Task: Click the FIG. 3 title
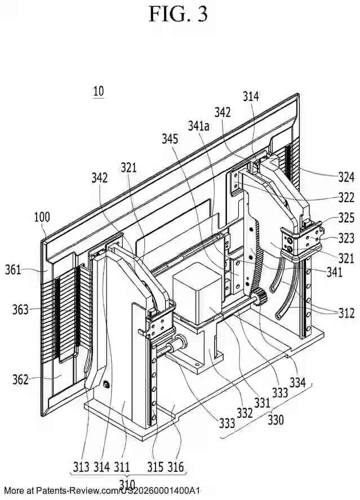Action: pyautogui.click(x=178, y=14)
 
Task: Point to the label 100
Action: pyautogui.click(x=42, y=217)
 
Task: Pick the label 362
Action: pyautogui.click(x=21, y=380)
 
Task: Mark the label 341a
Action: pyautogui.click(x=198, y=127)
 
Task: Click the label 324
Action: pyautogui.click(x=346, y=178)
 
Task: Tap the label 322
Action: pyautogui.click(x=346, y=198)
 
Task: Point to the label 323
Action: pyautogui.click(x=346, y=238)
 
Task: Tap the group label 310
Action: pyautogui.click(x=127, y=484)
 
